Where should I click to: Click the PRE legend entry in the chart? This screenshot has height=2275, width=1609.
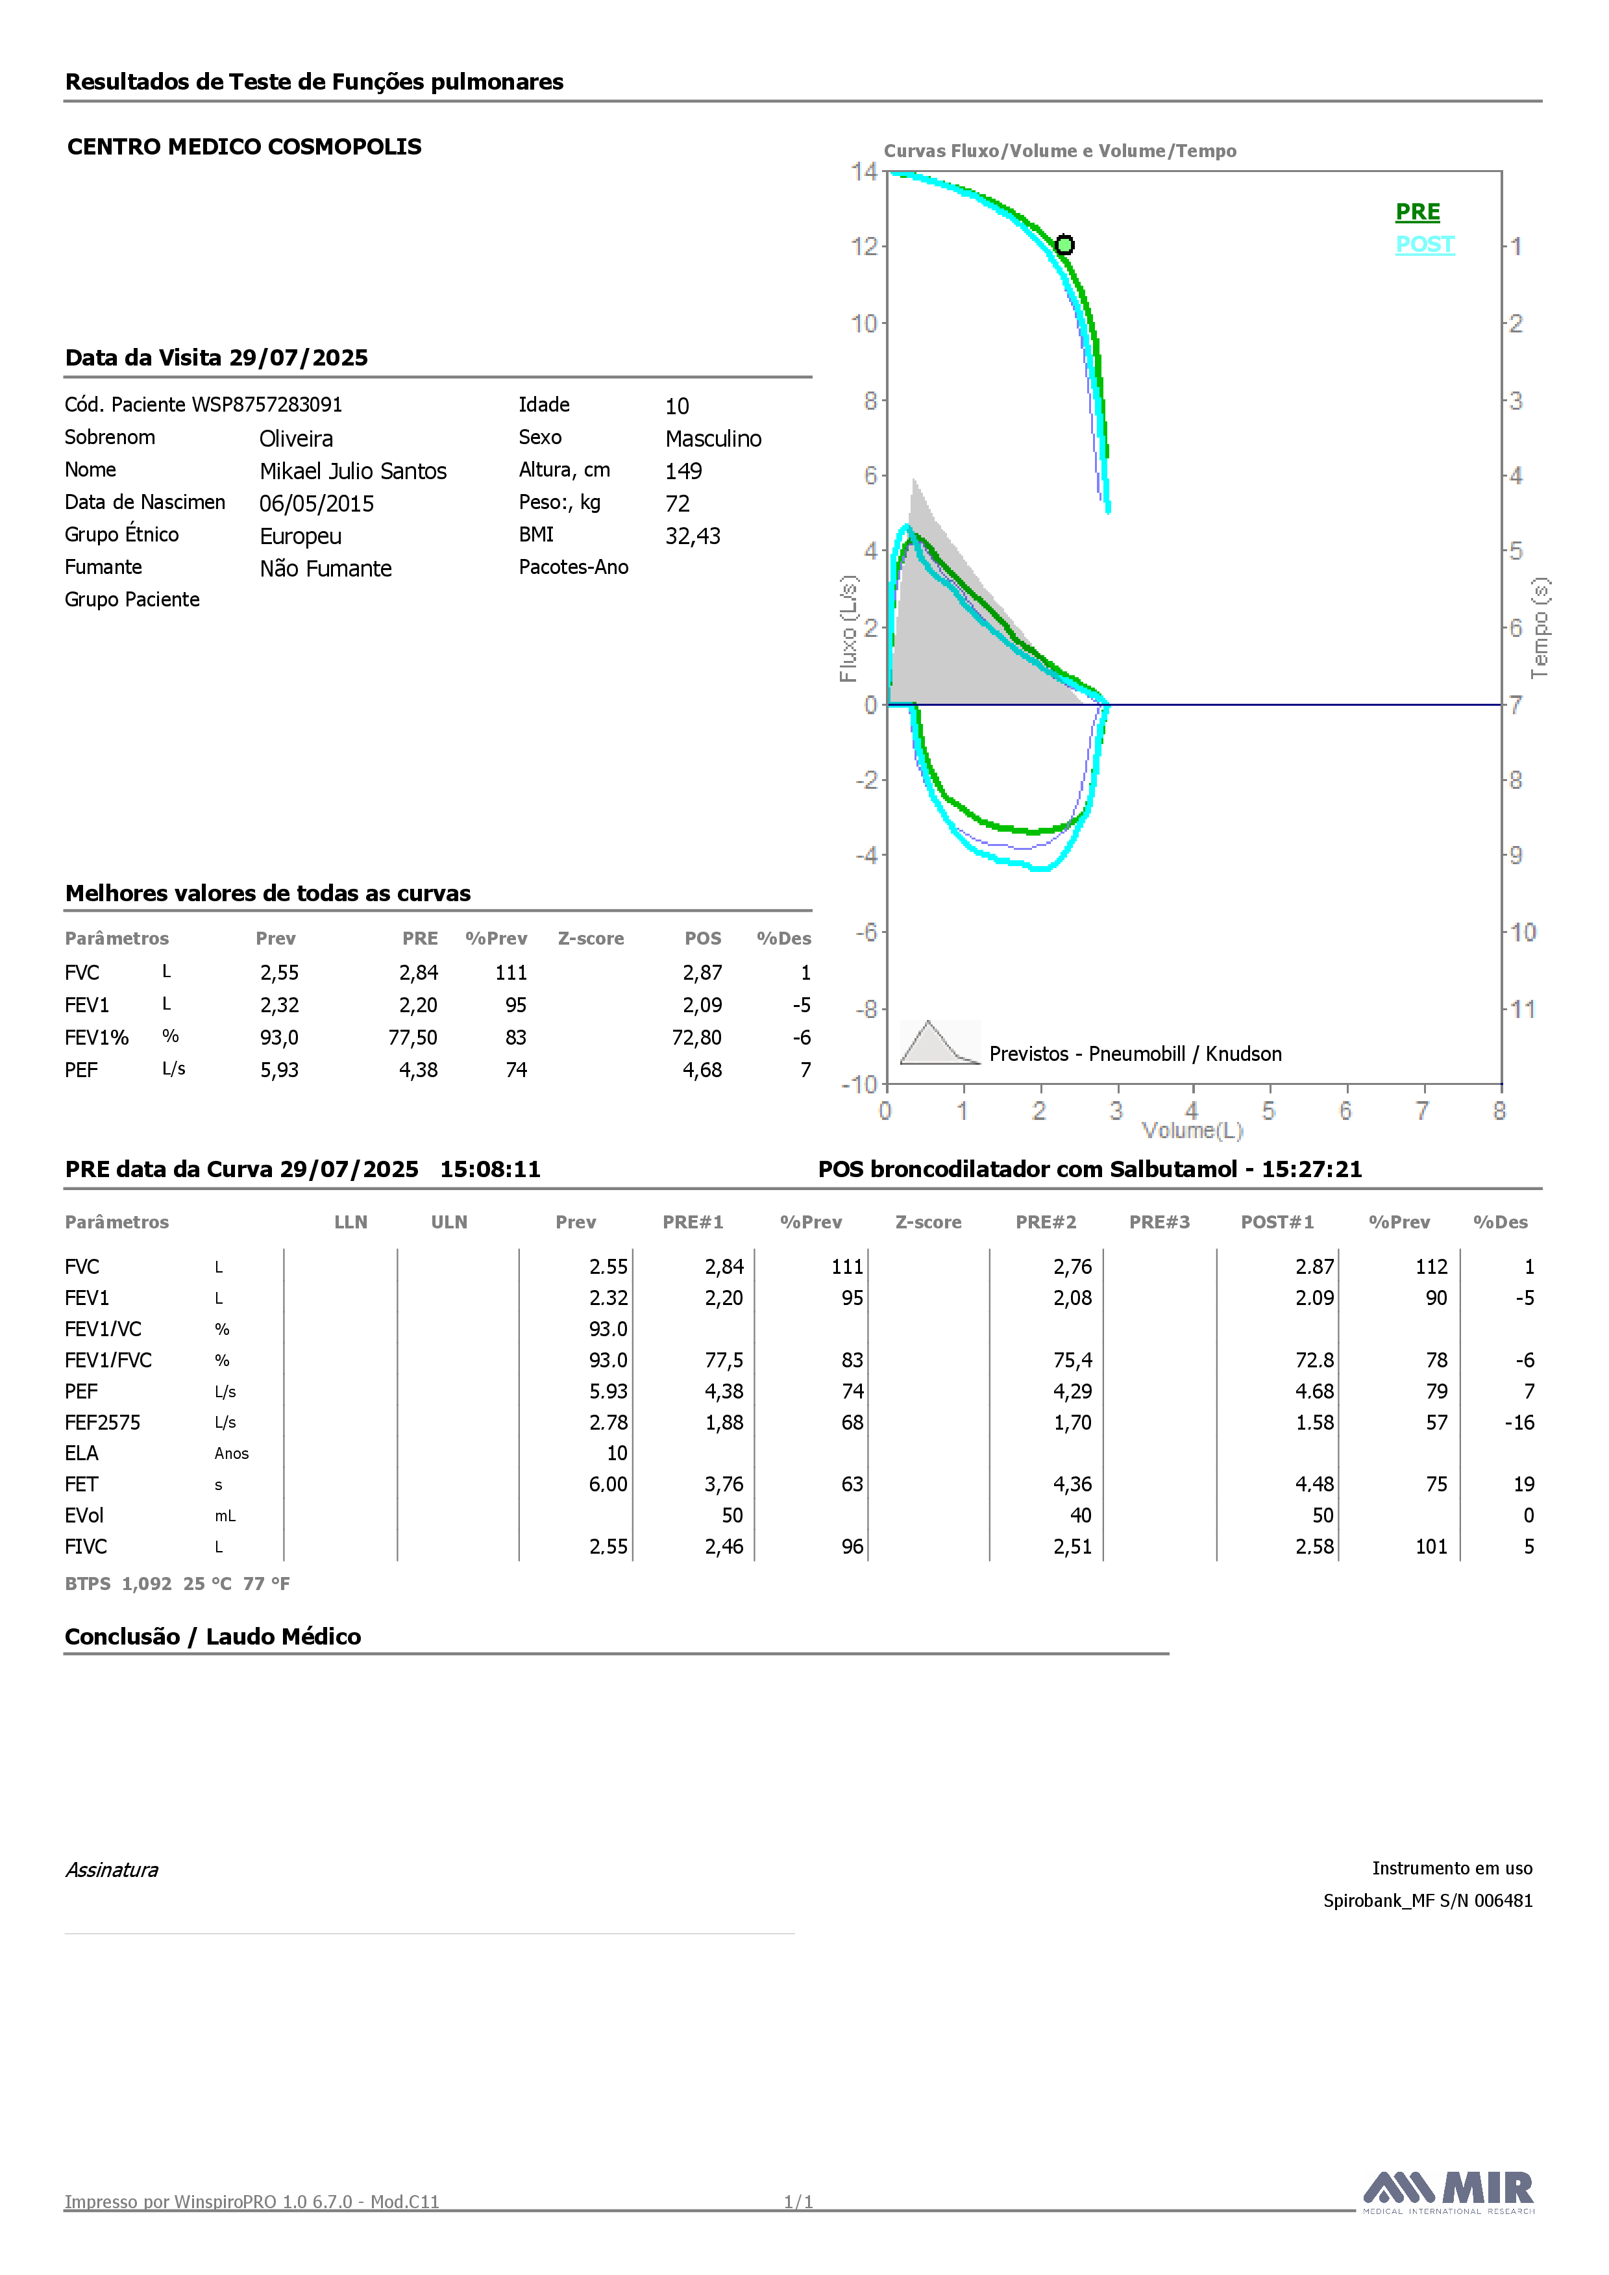click(1417, 212)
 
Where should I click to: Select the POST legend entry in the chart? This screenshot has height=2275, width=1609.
click(1425, 245)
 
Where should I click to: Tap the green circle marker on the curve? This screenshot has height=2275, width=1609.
click(1064, 245)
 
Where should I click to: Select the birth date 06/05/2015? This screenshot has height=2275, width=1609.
click(317, 503)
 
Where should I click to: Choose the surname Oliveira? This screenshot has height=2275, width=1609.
click(296, 439)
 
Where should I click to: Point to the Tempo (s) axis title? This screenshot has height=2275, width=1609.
click(1540, 628)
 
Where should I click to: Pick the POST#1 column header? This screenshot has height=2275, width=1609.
click(1277, 1223)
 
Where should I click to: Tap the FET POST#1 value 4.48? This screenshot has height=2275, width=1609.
click(1315, 1484)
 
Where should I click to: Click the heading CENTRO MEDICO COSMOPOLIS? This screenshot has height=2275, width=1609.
click(245, 147)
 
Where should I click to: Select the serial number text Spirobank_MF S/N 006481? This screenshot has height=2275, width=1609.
click(1428, 1900)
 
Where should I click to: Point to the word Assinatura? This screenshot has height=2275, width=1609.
click(112, 1870)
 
